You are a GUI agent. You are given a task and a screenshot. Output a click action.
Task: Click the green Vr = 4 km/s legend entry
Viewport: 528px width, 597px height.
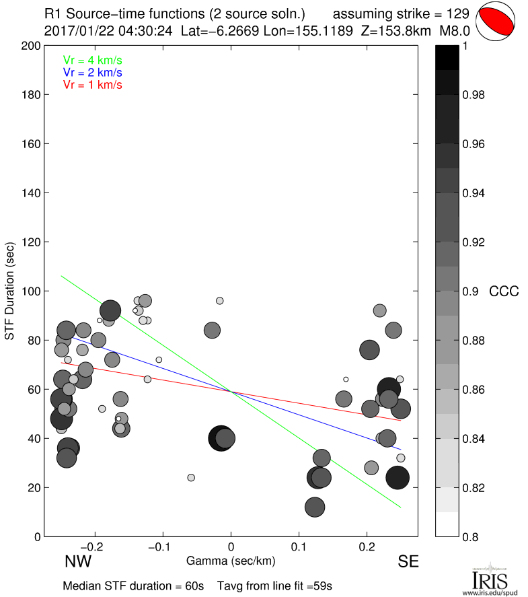(92, 60)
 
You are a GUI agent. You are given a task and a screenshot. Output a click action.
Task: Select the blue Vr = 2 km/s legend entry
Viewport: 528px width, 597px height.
(92, 72)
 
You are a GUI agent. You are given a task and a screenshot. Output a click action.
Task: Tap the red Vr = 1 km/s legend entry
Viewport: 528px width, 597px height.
(92, 85)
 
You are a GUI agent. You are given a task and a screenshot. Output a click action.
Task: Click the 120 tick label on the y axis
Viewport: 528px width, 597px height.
(31, 242)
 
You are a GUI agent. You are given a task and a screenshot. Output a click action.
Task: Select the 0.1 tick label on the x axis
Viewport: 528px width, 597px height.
(299, 546)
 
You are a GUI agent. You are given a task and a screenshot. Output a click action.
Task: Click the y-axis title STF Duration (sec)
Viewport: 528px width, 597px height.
(10, 291)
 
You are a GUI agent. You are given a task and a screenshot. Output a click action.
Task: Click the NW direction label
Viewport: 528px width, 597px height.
(78, 561)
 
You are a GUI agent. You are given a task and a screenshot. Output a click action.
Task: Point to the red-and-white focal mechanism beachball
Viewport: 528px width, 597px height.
(496, 22)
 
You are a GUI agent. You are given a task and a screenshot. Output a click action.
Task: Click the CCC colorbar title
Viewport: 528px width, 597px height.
(504, 291)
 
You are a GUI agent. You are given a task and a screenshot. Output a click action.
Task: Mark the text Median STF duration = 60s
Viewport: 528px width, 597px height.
(133, 586)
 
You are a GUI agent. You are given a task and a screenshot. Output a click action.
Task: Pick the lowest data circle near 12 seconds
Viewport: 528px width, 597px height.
(314, 507)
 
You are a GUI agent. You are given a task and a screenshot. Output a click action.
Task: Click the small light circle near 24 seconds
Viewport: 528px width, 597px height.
(191, 477)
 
